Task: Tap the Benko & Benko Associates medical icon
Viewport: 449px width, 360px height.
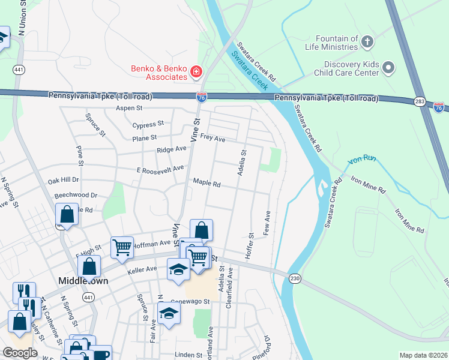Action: (x=196, y=73)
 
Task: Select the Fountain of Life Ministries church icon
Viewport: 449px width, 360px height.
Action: (x=367, y=42)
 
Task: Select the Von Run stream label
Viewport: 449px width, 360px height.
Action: (x=362, y=162)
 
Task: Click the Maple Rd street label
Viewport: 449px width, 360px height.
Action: (x=206, y=182)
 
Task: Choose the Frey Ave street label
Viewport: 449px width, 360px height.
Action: (x=212, y=139)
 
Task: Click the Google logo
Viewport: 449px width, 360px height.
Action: (x=20, y=353)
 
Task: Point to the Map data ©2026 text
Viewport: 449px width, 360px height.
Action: (x=423, y=355)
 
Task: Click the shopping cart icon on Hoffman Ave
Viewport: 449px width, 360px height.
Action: (x=122, y=247)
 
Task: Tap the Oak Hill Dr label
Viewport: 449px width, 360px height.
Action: (x=64, y=180)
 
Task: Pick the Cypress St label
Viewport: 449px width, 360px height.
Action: (x=148, y=124)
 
